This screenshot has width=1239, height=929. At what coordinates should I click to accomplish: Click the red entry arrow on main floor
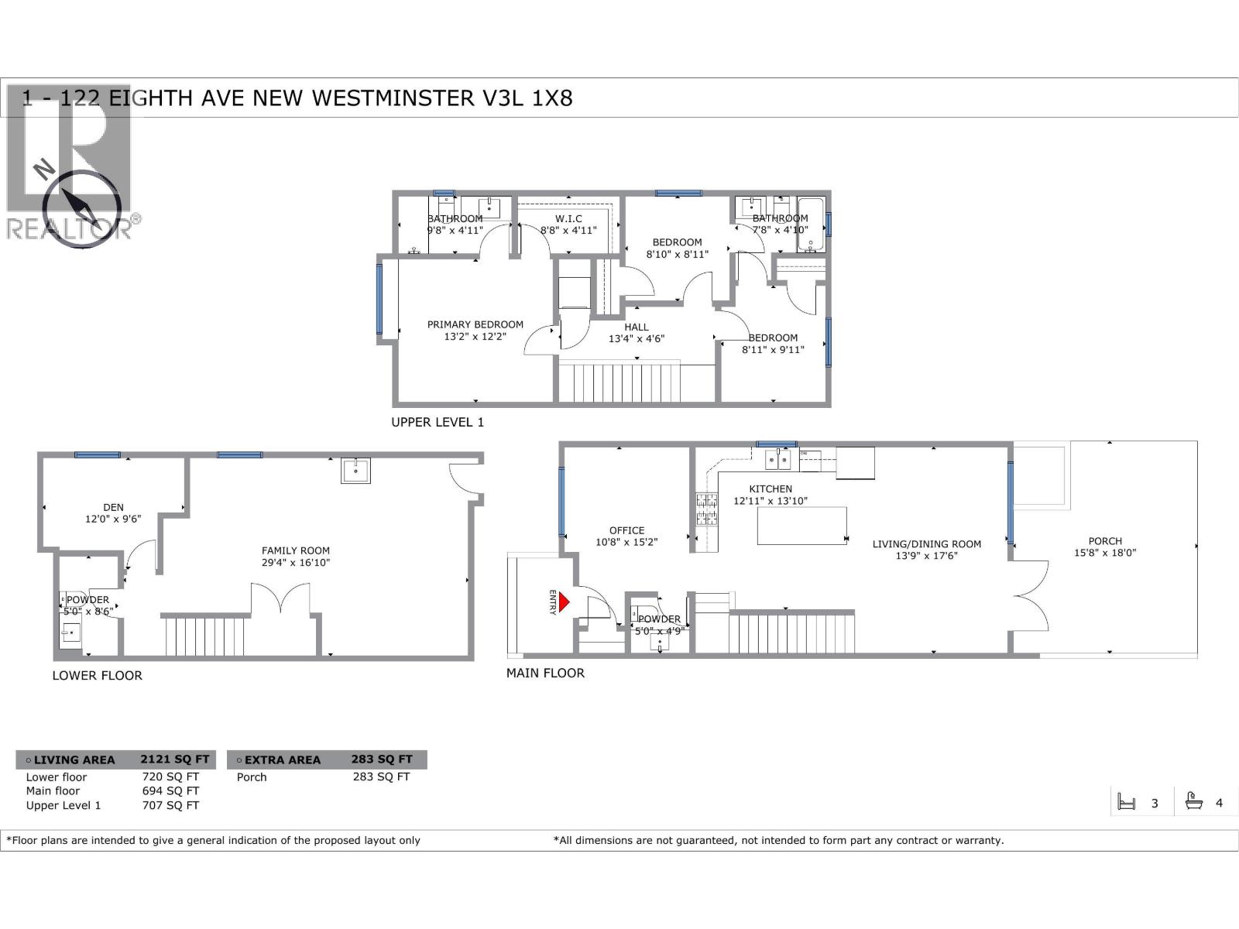(x=564, y=602)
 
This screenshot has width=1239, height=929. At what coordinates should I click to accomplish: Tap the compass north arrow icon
(x=81, y=203)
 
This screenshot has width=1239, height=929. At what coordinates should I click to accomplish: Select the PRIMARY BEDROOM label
(x=475, y=324)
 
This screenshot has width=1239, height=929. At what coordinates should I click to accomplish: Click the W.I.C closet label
(x=568, y=219)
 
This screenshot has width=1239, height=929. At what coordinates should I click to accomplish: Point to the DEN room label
(x=113, y=507)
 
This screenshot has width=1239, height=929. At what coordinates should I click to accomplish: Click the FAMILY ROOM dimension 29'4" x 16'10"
(x=296, y=563)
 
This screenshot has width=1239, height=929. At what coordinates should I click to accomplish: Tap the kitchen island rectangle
(x=801, y=526)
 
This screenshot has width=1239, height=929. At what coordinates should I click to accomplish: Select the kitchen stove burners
(x=705, y=509)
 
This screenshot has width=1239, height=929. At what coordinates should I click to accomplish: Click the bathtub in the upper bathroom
(x=812, y=225)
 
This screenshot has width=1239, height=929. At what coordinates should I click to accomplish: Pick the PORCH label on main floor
(x=1104, y=541)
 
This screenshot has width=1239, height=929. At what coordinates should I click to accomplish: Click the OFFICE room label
(x=626, y=530)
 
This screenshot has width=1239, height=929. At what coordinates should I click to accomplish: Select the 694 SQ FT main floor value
(x=170, y=790)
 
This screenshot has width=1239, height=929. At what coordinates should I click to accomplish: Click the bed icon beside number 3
(x=1127, y=802)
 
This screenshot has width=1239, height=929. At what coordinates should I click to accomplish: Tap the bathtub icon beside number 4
(x=1193, y=801)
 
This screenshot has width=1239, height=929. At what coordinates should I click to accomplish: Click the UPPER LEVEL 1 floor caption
(x=438, y=422)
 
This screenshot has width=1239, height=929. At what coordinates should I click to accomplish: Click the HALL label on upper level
(x=637, y=327)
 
